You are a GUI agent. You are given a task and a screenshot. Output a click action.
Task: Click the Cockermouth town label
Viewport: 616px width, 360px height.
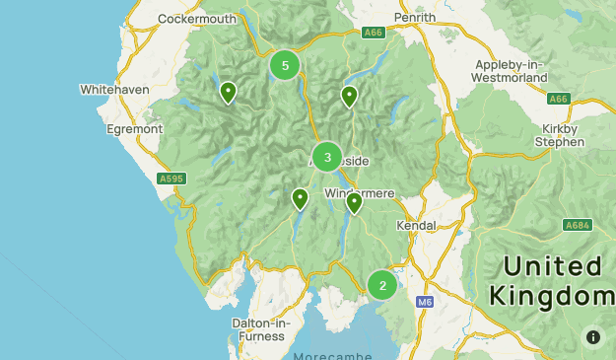point(197,19)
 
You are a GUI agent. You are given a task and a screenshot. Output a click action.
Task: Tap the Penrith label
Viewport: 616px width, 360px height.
point(414,18)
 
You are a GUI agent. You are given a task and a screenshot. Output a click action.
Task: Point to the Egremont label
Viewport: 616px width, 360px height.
point(134,128)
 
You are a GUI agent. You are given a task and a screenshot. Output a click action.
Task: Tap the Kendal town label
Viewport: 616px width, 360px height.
point(415,225)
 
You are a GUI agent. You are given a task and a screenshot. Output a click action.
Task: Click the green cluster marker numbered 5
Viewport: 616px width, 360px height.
point(285,66)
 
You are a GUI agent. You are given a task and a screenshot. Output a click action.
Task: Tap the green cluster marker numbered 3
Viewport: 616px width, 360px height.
point(327,157)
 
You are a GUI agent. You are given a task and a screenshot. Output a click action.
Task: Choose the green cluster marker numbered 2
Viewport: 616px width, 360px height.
point(382,285)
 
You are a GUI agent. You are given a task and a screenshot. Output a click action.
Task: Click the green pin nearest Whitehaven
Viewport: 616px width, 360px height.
point(228,92)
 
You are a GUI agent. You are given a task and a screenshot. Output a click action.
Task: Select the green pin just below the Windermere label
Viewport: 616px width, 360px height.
point(354,202)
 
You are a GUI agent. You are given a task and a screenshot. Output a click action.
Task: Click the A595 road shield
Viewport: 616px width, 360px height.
point(171,179)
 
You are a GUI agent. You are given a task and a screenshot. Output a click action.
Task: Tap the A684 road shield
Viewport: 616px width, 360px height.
point(578,226)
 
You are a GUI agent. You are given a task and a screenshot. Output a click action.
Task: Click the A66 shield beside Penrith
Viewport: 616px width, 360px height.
point(373,33)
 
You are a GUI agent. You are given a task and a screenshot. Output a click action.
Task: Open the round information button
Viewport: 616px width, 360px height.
point(592,336)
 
